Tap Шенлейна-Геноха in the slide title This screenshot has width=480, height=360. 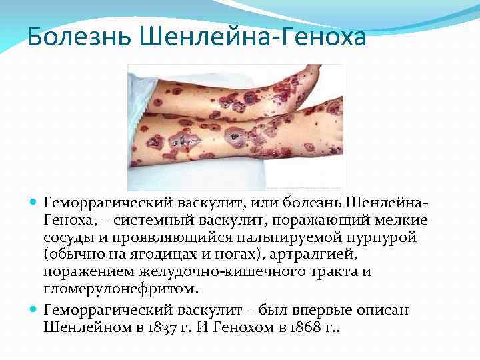click(254, 37)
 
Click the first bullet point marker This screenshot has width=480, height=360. click(34, 201)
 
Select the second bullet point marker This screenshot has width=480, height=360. click(34, 311)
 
